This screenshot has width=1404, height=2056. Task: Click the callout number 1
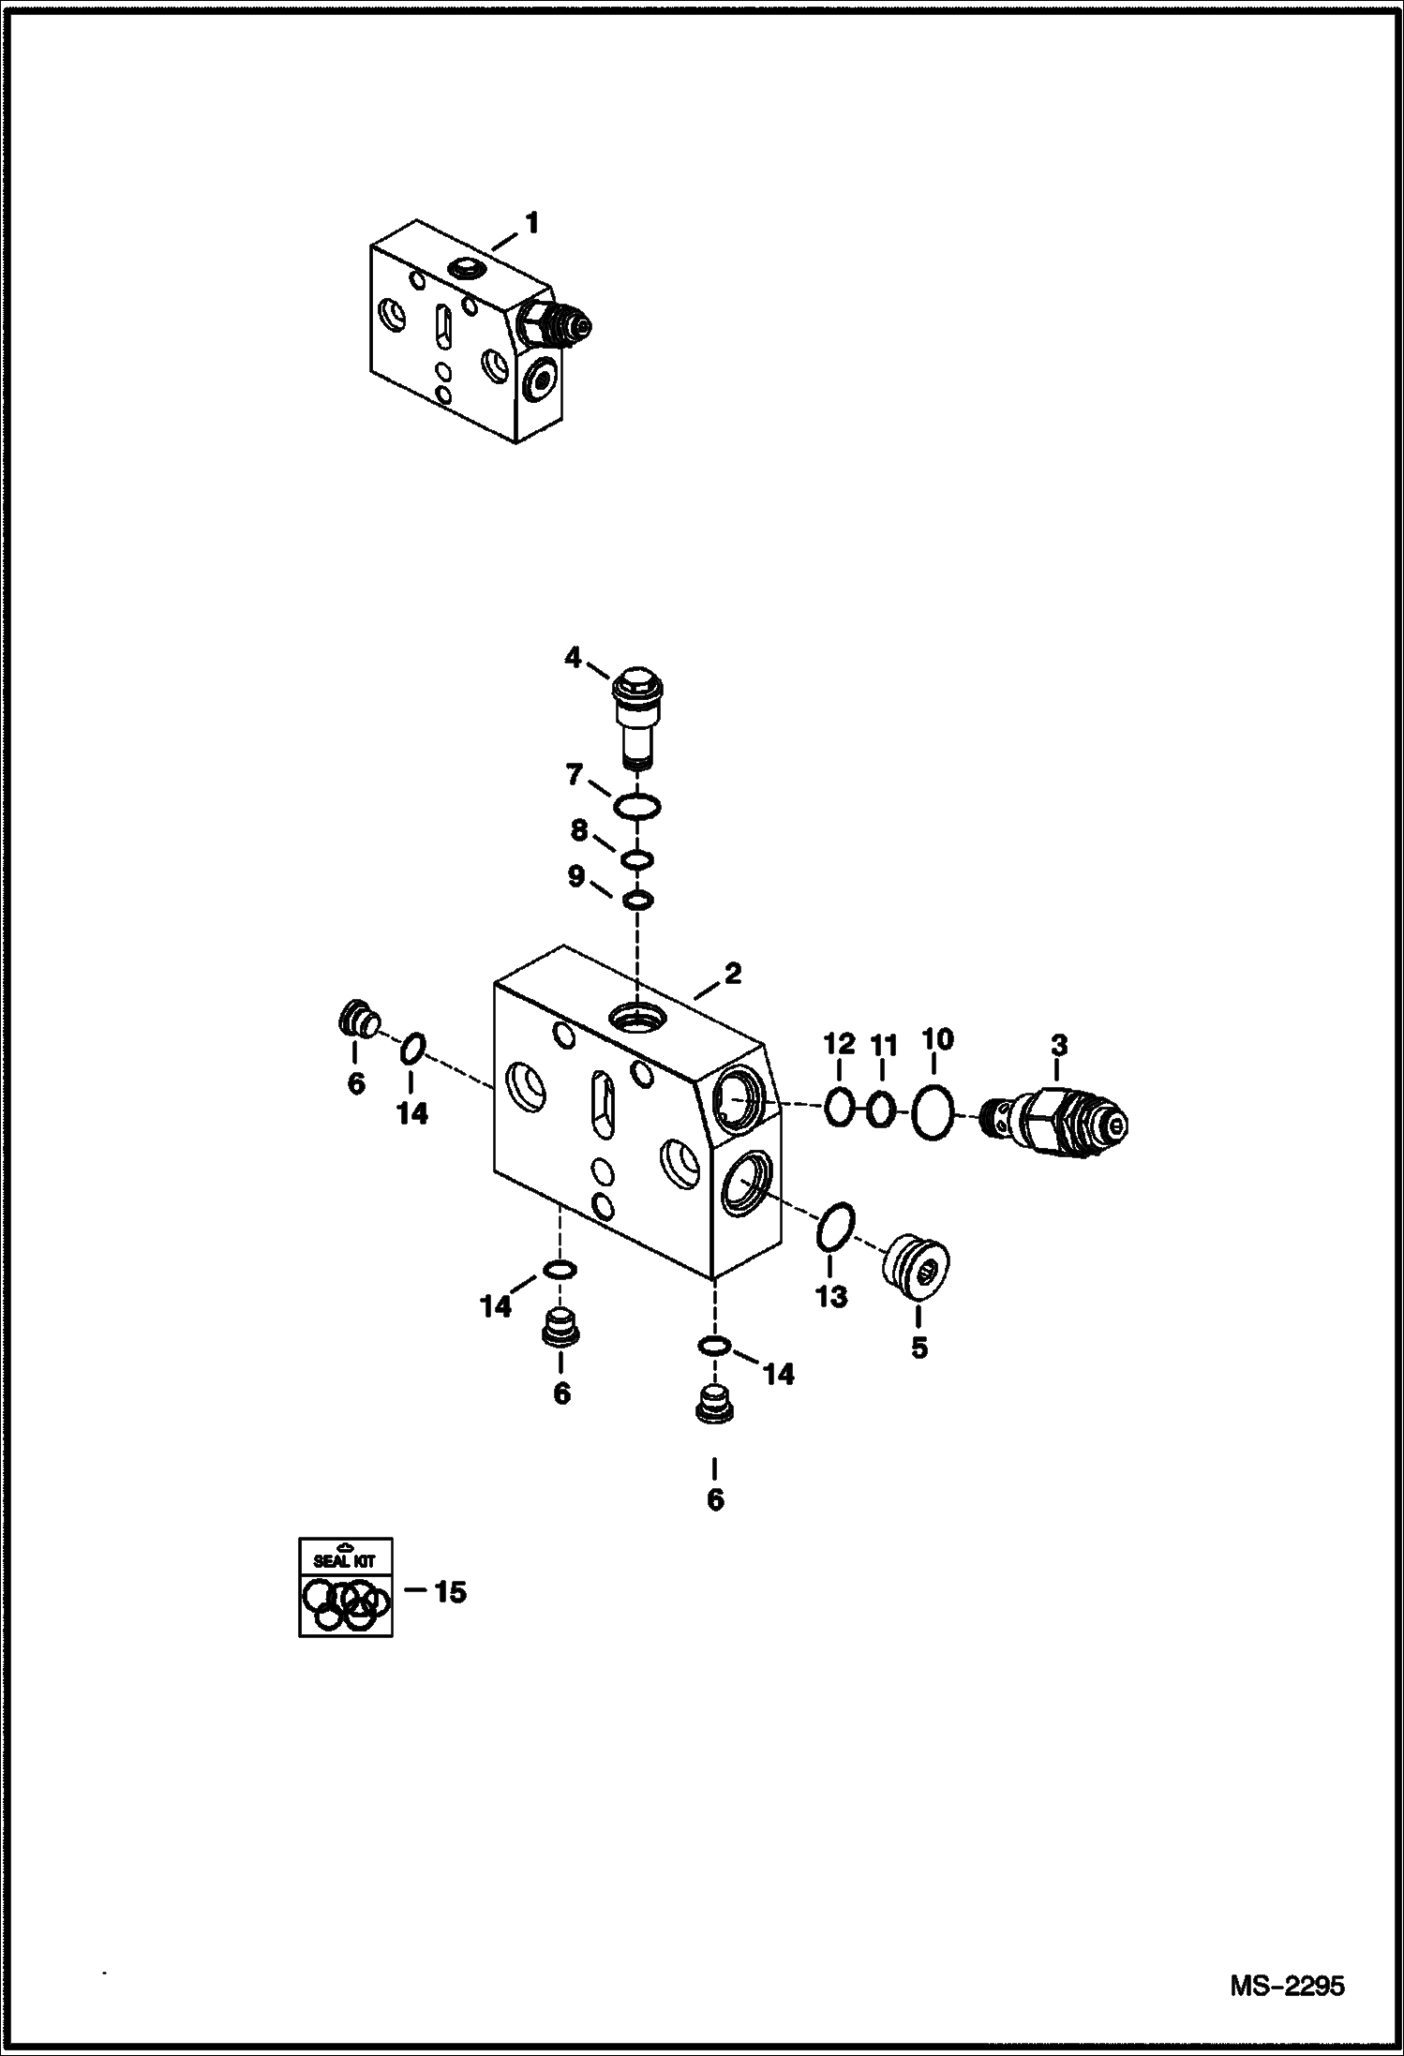coord(531,224)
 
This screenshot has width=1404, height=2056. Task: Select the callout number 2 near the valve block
coord(732,974)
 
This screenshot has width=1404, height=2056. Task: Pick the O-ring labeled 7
coord(636,805)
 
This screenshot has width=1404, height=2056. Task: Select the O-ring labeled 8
coord(637,859)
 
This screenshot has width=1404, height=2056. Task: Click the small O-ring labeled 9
coord(637,901)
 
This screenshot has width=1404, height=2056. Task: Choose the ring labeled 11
coord(880,1111)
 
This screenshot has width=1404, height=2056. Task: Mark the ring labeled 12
coord(839,1110)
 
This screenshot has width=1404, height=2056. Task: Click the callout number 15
coord(450,1592)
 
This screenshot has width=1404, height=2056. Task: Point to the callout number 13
coord(830,1297)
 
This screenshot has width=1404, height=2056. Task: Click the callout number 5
coord(919,1348)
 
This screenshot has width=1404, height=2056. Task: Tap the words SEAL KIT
coord(345,1561)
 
